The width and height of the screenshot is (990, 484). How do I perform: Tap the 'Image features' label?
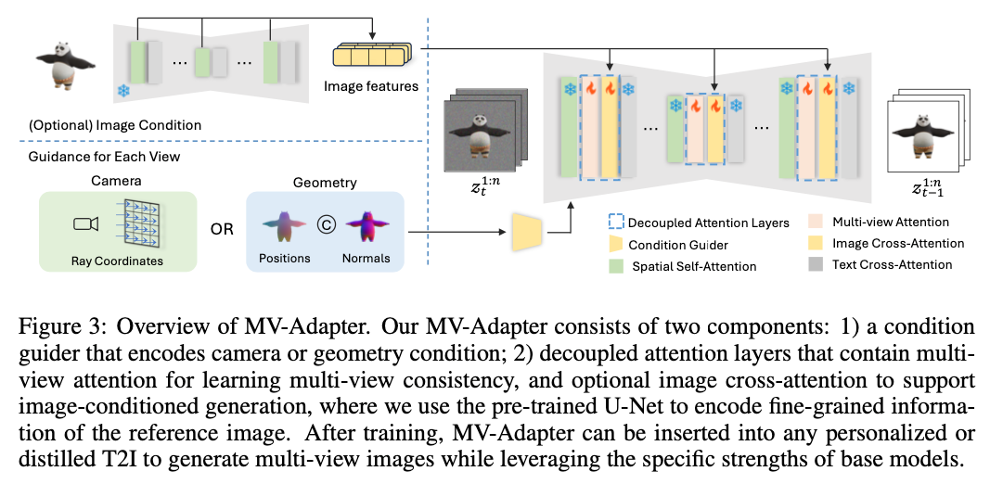(x=371, y=87)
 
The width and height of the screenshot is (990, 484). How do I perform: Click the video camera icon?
(x=85, y=223)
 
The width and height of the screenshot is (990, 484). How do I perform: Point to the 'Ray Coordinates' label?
(x=117, y=261)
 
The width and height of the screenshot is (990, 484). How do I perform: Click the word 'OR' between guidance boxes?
(x=222, y=229)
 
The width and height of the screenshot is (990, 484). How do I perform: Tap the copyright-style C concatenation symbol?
(x=324, y=223)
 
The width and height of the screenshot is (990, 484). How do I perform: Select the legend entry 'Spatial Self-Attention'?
(x=694, y=266)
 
